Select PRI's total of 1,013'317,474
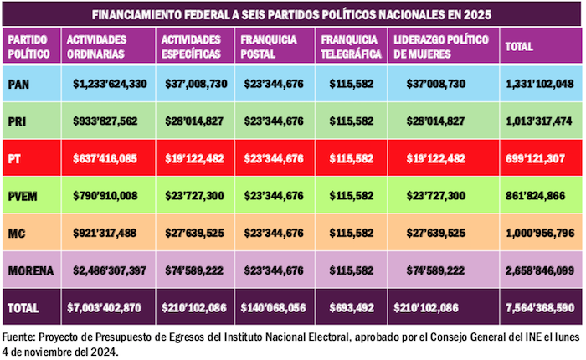tap(539, 121)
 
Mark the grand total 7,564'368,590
tap(539, 307)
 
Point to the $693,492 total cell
tap(350, 307)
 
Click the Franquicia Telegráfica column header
tap(352, 46)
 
